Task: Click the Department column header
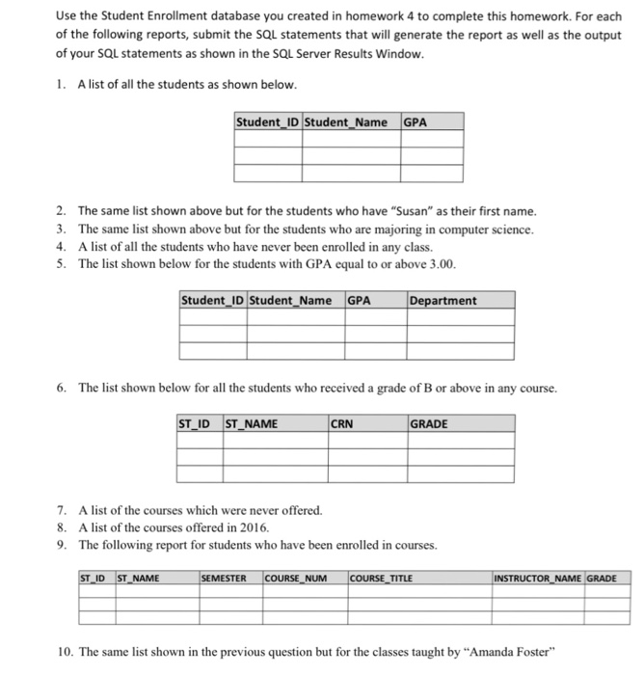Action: [x=443, y=300]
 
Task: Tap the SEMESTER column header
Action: [x=224, y=579]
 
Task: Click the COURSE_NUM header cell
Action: [x=296, y=579]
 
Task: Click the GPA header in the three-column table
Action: [x=415, y=122]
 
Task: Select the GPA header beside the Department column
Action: [x=359, y=300]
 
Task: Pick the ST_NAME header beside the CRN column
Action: [x=251, y=423]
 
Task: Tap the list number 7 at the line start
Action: [x=61, y=511]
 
